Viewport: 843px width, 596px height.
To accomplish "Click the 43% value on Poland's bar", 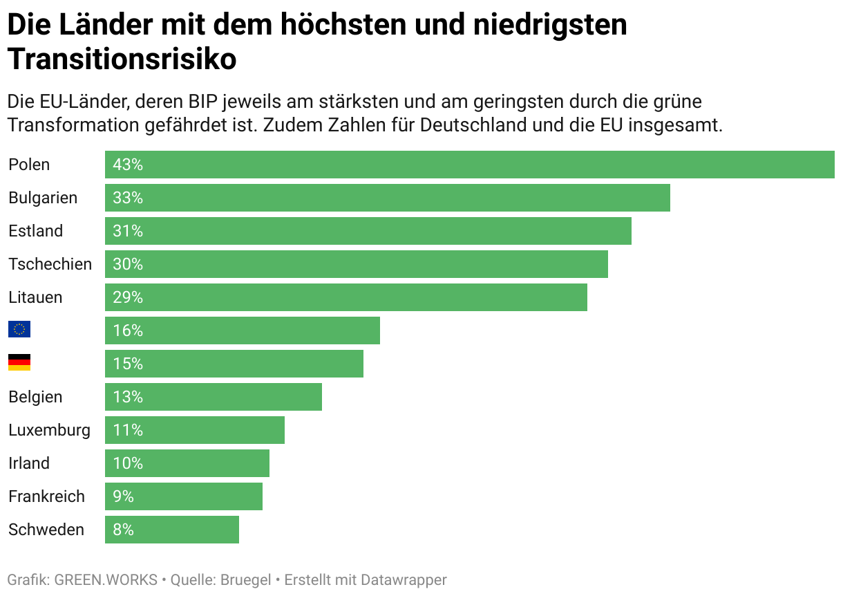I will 128,165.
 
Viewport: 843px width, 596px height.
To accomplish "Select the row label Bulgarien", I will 43,198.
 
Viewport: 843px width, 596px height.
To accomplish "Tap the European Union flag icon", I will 19,329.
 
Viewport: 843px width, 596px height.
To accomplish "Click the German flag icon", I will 19,362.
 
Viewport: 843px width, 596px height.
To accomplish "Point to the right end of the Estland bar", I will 629,231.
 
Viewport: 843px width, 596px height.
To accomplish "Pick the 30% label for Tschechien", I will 128,264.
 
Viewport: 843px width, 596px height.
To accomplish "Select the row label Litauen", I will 35,297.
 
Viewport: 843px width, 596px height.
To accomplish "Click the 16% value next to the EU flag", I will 128,330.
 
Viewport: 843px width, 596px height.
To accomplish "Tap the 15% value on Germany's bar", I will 128,364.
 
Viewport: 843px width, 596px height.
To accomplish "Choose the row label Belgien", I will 35,397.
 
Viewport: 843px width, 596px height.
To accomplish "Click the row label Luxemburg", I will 49,430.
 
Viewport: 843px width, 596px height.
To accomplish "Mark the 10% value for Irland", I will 128,463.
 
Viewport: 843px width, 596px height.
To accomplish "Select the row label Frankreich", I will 46,496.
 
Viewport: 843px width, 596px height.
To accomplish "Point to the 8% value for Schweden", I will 124,530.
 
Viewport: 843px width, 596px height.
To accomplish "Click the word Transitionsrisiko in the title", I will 122,59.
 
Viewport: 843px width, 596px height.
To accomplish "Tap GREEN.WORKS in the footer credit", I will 106,580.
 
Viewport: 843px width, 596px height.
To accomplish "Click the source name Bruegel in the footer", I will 245,580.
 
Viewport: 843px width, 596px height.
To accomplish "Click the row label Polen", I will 29,165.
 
